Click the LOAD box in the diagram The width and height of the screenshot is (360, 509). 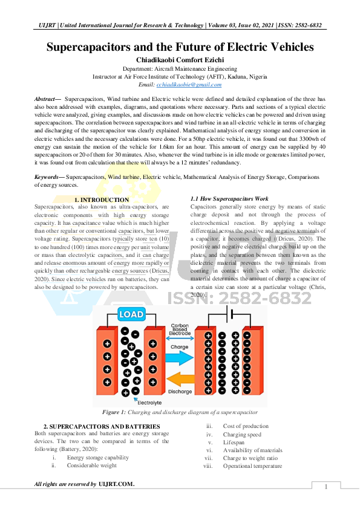(x=131, y=315)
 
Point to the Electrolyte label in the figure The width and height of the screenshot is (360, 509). (x=149, y=401)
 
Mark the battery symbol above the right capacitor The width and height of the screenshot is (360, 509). (x=228, y=314)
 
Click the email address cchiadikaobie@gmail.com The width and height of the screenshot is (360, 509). (x=189, y=85)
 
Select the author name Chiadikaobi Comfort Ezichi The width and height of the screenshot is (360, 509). (x=180, y=60)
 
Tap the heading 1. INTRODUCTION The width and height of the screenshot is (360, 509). (x=101, y=199)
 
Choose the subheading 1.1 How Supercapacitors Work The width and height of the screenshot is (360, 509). (x=229, y=198)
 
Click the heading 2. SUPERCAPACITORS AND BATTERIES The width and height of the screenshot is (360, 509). (x=102, y=427)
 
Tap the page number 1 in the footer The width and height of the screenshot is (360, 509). (x=326, y=487)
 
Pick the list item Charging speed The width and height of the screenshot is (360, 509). (x=242, y=434)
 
